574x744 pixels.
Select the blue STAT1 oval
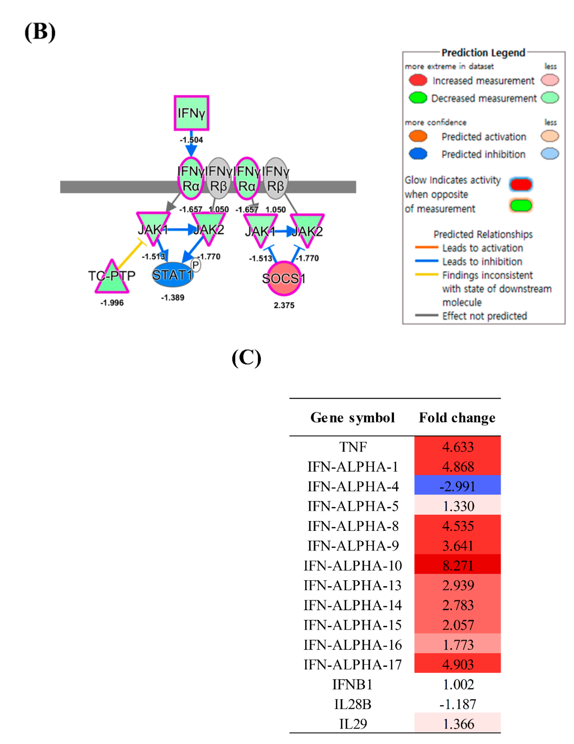173,275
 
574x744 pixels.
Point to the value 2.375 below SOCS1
284,305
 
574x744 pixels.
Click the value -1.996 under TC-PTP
112,303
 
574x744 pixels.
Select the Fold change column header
457,418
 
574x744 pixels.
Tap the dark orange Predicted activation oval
418,136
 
